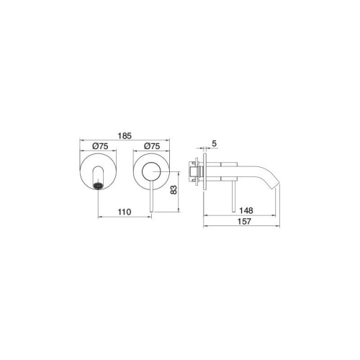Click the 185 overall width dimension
(x=125, y=136)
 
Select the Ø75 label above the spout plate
(x=100, y=146)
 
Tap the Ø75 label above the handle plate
(x=152, y=146)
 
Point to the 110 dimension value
(x=125, y=212)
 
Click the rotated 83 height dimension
(x=174, y=189)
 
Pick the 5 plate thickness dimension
(x=215, y=143)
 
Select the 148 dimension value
(x=246, y=210)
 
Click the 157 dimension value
(x=244, y=221)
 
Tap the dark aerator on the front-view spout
(x=98, y=186)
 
